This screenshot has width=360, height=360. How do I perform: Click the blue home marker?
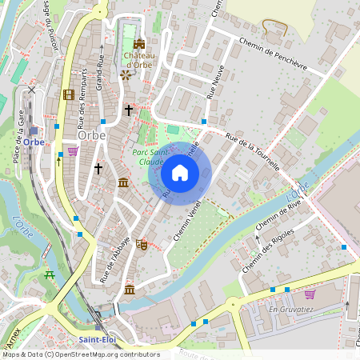click(x=180, y=172)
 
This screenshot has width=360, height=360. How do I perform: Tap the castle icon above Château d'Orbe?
click(x=139, y=45)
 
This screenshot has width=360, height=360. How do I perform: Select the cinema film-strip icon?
click(x=68, y=94)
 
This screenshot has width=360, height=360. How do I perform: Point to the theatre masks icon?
click(x=142, y=244)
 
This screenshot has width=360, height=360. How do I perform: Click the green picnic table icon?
click(x=50, y=275)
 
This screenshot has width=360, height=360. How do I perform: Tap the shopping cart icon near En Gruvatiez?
click(x=310, y=294)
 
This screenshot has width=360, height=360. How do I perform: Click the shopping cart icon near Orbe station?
click(x=73, y=150)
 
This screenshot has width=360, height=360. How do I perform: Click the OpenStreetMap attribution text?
click(x=80, y=354)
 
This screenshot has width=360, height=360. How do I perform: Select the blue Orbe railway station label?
click(x=32, y=142)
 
